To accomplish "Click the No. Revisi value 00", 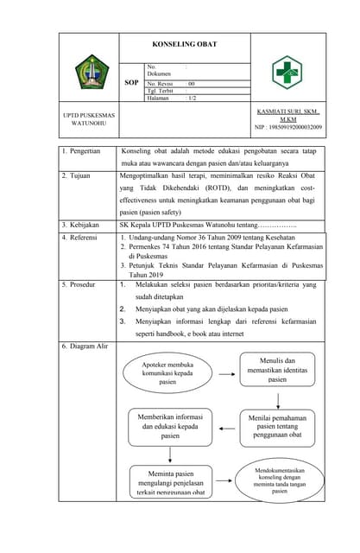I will point(192,83).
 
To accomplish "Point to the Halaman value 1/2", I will point(192,99).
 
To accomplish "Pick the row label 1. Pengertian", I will point(83,150).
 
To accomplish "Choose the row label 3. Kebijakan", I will point(84,226).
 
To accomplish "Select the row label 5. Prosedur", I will point(83,284).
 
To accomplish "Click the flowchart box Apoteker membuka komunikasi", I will point(167,372).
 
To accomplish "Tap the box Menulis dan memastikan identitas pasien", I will point(277,369).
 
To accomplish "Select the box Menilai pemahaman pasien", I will point(277,426).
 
